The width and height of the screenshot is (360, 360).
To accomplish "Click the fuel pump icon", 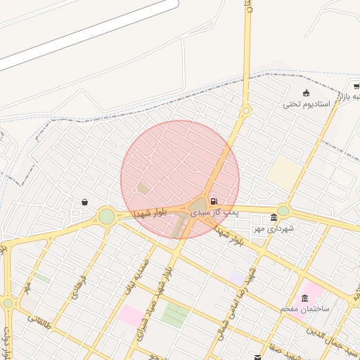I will tap(214, 201).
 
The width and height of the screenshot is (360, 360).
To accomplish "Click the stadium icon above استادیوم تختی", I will tap(306, 94).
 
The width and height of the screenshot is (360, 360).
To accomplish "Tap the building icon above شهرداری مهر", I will tap(274, 218).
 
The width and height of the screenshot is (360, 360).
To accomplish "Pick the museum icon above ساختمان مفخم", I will tap(304, 298).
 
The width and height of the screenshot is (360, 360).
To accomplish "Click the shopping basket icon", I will tap(84, 202).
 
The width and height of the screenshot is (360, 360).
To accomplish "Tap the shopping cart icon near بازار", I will tap(356, 86).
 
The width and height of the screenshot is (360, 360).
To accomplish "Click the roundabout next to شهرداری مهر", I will tap(283, 210).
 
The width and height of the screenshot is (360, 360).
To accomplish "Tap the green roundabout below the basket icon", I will tap(106, 217).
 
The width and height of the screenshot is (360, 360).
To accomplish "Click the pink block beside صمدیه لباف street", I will tap(130, 314).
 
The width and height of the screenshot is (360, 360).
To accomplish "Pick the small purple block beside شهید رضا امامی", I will tap(238, 278).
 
